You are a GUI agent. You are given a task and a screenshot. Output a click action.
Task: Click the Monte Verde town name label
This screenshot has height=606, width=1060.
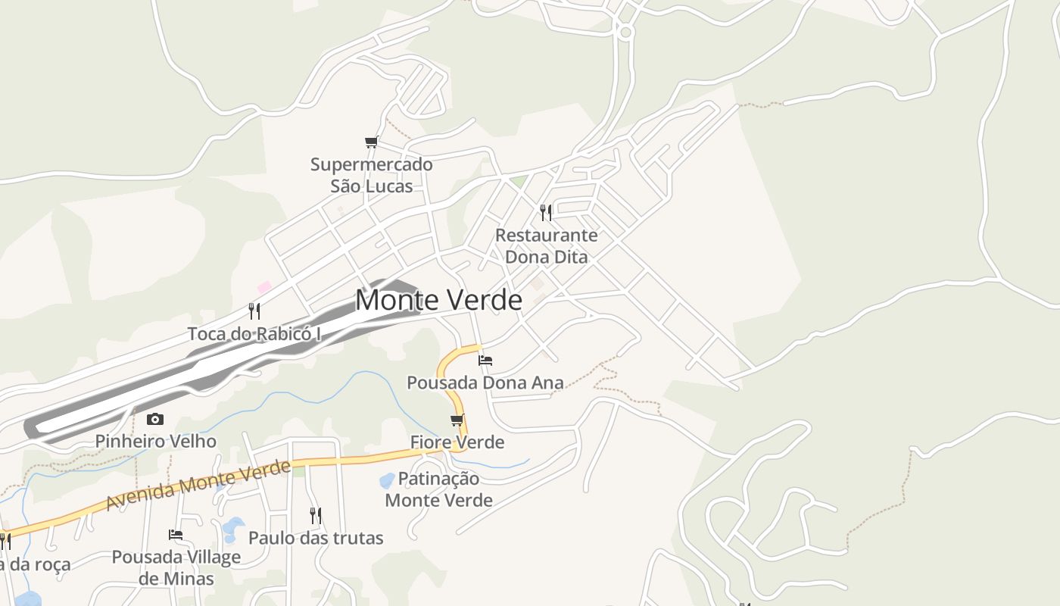[438, 300]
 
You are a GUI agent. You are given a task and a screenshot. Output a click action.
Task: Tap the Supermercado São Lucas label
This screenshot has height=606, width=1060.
[372, 175]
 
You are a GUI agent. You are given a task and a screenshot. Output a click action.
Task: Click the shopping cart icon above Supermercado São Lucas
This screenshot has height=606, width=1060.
[371, 142]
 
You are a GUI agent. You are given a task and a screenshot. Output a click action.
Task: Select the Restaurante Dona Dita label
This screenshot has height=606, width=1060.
[546, 245]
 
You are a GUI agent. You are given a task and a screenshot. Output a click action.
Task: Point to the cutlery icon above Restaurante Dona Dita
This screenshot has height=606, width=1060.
[546, 212]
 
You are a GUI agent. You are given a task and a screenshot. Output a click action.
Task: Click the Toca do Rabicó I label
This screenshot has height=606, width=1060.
[254, 333]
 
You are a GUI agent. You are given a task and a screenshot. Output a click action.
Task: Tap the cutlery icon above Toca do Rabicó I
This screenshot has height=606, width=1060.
[254, 311]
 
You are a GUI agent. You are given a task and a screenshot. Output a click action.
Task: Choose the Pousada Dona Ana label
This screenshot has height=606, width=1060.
[485, 383]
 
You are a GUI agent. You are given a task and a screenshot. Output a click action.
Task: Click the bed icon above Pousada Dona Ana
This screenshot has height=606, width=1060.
[485, 360]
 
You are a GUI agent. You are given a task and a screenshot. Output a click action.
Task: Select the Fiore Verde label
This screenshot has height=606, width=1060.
[457, 442]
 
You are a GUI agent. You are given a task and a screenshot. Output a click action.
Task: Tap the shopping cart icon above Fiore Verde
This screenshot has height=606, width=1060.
[457, 420]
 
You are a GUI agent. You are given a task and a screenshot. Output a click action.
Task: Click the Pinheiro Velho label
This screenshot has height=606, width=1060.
[155, 441]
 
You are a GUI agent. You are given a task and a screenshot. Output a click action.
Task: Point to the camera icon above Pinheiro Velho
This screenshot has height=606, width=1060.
[155, 419]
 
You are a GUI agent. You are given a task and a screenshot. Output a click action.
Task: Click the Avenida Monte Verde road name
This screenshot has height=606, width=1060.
[198, 485]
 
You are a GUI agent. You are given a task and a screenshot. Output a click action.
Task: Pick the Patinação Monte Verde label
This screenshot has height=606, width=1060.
[439, 489]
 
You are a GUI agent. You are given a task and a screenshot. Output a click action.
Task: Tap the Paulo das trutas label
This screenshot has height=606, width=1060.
[316, 538]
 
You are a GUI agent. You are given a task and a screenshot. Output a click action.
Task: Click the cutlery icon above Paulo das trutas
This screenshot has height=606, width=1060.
[316, 516]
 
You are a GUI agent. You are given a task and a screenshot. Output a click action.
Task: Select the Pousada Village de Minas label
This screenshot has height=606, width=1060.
[176, 567]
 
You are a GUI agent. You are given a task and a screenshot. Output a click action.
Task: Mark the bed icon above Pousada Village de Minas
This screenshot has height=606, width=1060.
[176, 535]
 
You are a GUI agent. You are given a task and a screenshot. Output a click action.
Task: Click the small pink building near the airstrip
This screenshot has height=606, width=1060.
[264, 287]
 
